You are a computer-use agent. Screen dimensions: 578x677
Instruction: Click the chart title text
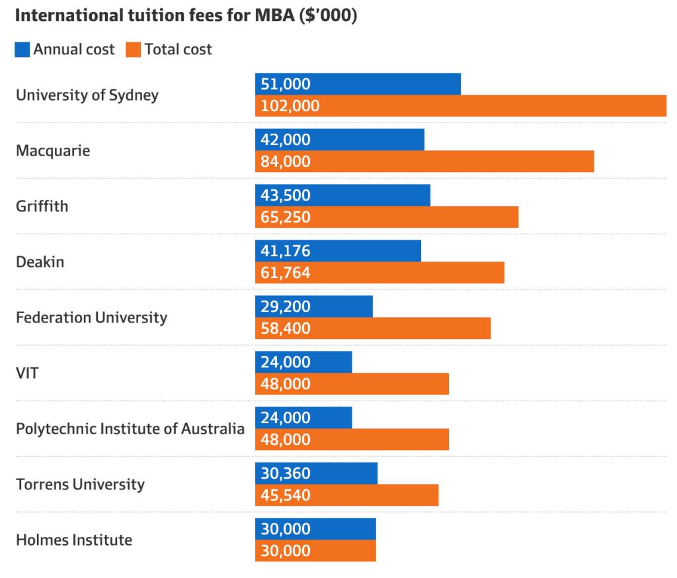point(186,17)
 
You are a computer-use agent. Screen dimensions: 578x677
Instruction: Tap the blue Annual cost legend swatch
point(22,50)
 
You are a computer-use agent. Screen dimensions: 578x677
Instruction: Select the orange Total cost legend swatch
point(133,50)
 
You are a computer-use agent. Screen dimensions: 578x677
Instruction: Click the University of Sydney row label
point(87,95)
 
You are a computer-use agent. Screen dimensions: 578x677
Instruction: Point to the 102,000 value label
point(290,106)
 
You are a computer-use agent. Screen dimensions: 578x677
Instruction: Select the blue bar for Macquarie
point(340,140)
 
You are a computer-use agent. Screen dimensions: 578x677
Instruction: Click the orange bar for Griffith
point(387,217)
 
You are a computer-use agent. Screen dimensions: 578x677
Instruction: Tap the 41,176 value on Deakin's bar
point(286,251)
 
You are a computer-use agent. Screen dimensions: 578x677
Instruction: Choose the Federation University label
point(91,317)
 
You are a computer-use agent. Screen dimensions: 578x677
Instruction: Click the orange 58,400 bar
point(373,328)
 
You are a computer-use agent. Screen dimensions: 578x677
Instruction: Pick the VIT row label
point(27,373)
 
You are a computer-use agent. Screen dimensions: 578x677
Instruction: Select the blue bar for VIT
point(303,362)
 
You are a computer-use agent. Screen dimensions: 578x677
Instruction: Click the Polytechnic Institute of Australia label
point(130,428)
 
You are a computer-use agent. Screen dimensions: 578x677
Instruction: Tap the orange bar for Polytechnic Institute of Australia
point(352,440)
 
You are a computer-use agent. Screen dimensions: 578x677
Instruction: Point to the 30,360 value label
point(286,473)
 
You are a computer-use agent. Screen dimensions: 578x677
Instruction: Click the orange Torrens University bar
point(346,495)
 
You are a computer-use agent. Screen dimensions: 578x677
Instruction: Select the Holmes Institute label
point(74,540)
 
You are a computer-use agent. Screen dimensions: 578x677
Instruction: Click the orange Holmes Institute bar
point(315,551)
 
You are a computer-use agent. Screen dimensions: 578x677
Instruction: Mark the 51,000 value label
point(286,84)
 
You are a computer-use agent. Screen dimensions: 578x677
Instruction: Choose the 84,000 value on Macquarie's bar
point(286,162)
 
